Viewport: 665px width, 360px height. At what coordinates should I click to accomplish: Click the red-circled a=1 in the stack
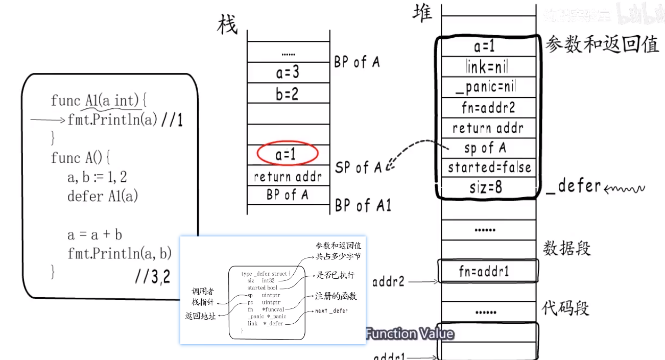click(287, 155)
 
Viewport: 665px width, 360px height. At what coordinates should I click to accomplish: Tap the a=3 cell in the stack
click(287, 73)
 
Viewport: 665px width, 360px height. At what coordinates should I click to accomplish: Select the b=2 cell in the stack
click(287, 93)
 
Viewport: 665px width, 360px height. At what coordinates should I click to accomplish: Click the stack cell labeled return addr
click(288, 177)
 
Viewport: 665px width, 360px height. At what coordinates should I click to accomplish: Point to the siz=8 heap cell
click(486, 187)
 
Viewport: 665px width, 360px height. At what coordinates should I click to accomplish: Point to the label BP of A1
click(363, 206)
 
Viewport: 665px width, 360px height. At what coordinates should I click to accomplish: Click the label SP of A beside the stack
click(358, 167)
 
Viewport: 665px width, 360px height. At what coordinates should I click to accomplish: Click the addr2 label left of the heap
click(389, 281)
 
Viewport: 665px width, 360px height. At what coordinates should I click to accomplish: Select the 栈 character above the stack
click(228, 25)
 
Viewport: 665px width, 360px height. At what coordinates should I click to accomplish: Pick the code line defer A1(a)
click(103, 196)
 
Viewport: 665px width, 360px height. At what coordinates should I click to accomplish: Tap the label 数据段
click(566, 249)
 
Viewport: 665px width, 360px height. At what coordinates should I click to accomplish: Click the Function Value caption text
click(410, 334)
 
